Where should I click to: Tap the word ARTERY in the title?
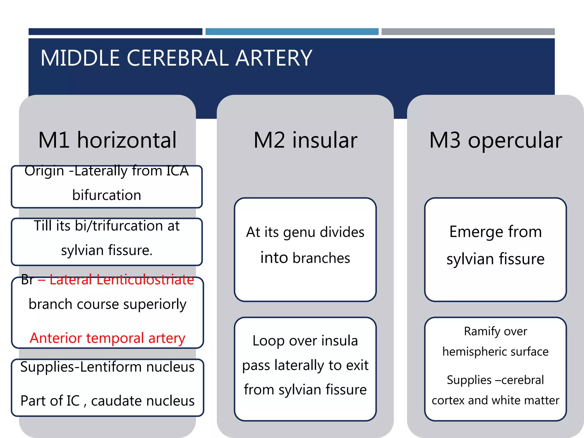[274, 58]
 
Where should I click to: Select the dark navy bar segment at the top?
[115, 32]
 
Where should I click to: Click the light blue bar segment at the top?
[292, 32]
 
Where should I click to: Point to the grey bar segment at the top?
[468, 32]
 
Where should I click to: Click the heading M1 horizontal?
[107, 140]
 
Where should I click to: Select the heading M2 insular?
[305, 140]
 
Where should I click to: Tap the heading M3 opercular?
[495, 140]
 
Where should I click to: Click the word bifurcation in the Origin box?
[107, 195]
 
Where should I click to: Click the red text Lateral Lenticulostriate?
[121, 280]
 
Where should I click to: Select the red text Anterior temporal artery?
[107, 338]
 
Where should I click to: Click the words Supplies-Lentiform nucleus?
[107, 367]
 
